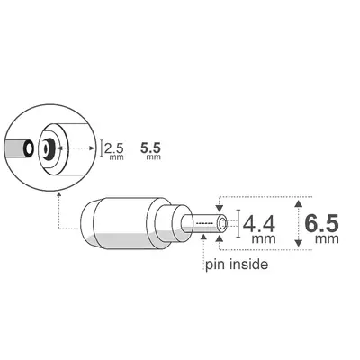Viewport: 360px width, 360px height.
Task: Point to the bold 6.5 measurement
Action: pyautogui.click(x=321, y=221)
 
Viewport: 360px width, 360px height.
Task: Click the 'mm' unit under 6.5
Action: pyautogui.click(x=326, y=240)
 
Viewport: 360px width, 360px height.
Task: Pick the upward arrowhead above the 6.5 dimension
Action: pyautogui.click(x=299, y=198)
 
